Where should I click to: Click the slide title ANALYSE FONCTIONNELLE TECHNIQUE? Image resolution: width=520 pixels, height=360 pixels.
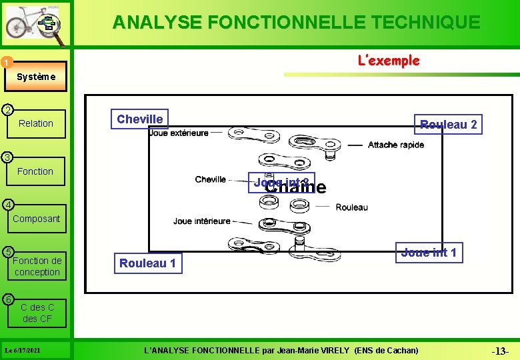(296, 23)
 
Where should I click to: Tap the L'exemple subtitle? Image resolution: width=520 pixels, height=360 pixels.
(389, 61)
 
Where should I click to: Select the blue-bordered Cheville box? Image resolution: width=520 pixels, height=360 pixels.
(140, 119)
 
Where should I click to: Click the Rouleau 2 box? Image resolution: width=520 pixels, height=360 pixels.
(448, 125)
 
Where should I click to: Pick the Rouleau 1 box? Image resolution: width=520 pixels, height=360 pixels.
(147, 263)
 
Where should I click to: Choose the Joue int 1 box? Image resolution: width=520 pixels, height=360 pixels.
(429, 252)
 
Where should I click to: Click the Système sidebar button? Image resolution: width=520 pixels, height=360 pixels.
(37, 77)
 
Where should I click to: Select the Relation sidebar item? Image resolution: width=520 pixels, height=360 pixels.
(36, 123)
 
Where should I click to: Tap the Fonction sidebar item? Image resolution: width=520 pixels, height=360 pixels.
(35, 171)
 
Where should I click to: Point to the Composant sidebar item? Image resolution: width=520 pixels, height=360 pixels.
(36, 219)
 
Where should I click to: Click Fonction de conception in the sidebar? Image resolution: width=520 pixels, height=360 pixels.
(37, 266)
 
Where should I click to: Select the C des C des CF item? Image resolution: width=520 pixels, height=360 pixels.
(37, 313)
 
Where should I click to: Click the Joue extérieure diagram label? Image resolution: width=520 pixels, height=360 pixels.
(179, 133)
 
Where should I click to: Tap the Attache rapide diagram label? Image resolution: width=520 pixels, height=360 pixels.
(395, 145)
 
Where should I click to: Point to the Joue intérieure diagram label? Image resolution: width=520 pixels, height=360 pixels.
(202, 221)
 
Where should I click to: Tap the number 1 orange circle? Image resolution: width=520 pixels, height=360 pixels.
(5, 63)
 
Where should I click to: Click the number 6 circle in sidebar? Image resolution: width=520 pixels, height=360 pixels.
(6, 298)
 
